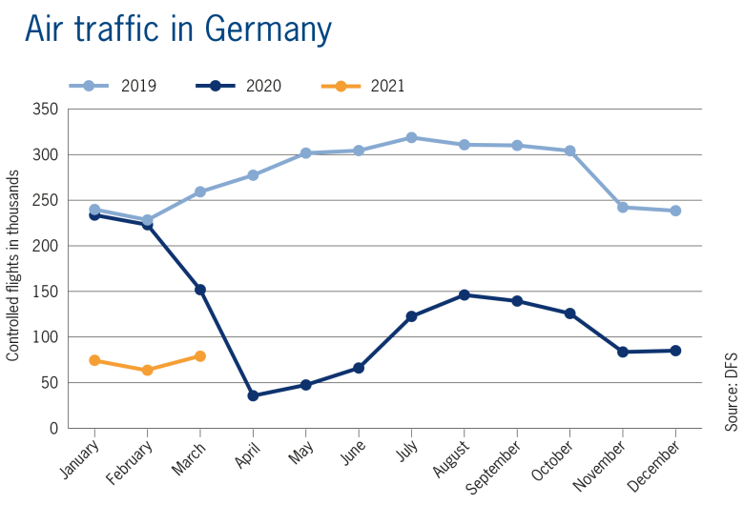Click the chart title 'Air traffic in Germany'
coord(178,30)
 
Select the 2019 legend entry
coord(113,87)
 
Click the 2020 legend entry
coord(238,87)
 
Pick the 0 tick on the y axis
coord(54,429)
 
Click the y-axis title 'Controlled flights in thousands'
coord(13,266)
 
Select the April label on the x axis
coord(247,449)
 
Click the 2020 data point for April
coord(253,395)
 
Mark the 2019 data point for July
coord(411,138)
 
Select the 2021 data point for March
coord(200,356)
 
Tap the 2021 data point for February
coord(148,370)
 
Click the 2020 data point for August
coord(465,295)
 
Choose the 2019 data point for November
coord(623,207)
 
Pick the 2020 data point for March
coord(200,290)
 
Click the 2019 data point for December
coord(675,211)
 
